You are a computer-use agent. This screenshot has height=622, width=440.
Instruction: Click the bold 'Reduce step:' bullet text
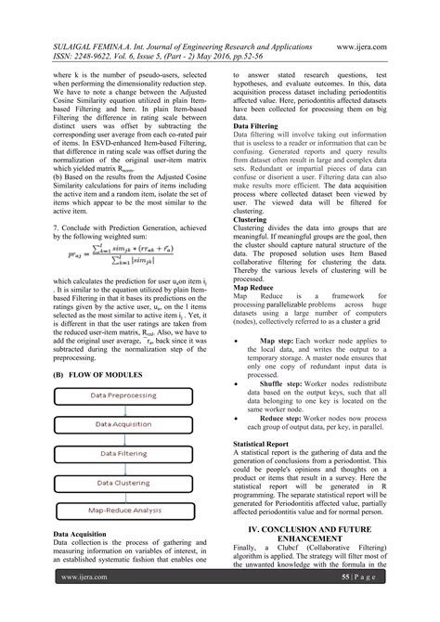(x=294, y=393)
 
